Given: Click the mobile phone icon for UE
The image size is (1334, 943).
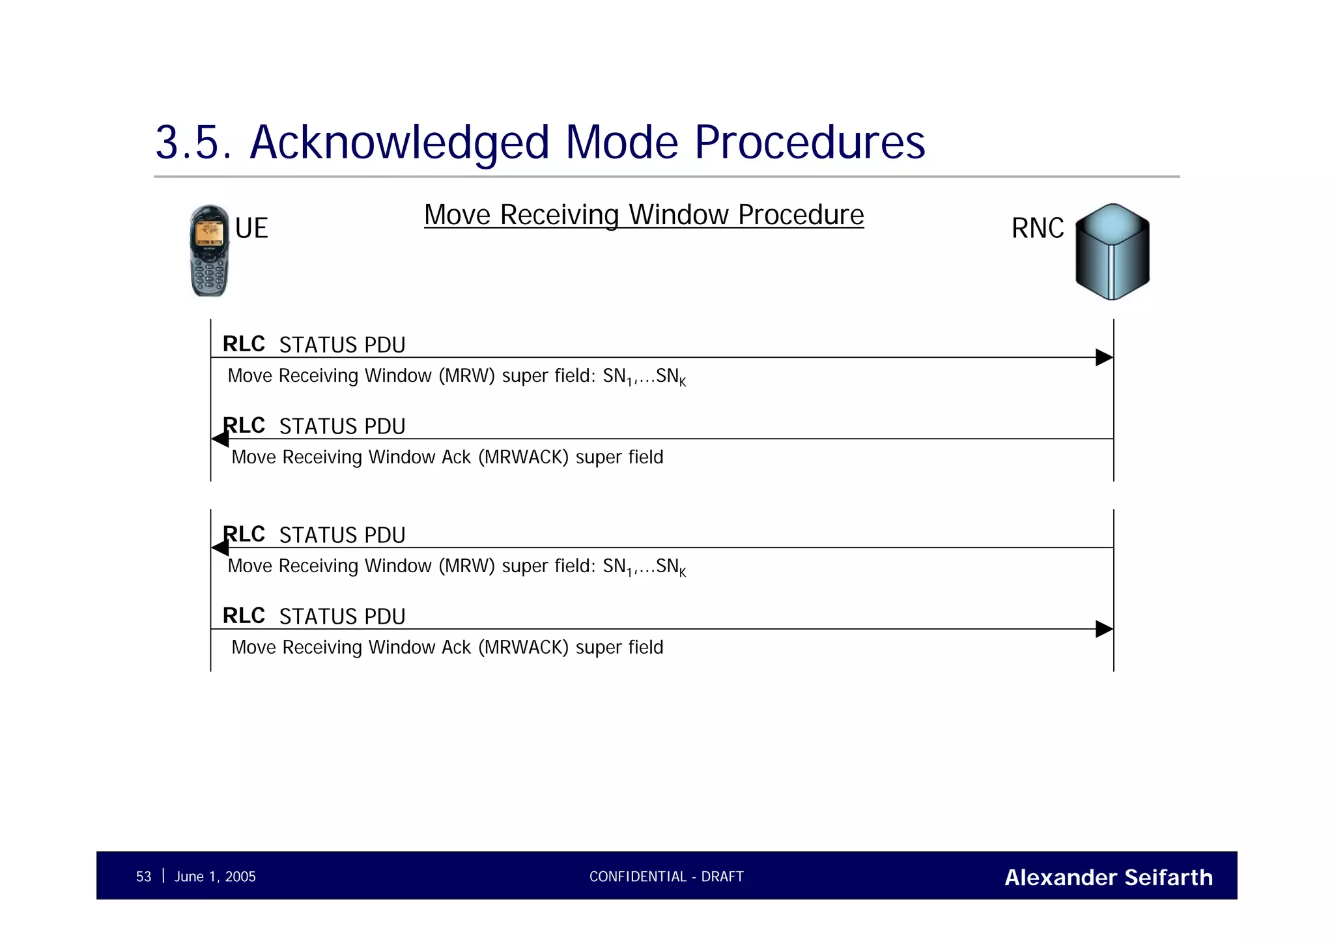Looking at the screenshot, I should click(x=209, y=252).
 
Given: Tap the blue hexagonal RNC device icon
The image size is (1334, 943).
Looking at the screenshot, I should click(x=1112, y=252).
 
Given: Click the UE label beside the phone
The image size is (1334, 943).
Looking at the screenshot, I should click(x=251, y=228).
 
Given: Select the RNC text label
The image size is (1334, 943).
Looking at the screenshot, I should click(x=1037, y=228).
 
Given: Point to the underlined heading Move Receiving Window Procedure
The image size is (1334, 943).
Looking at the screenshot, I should click(x=644, y=214).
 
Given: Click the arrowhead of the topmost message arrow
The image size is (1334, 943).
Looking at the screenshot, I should click(x=1103, y=357).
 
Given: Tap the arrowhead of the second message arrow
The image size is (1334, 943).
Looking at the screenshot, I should click(x=220, y=439).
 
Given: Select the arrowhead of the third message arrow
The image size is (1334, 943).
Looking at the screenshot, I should click(x=220, y=548).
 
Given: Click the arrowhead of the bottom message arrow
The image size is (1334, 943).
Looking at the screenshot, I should click(x=1103, y=629).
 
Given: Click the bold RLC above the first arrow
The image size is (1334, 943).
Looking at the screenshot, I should click(x=244, y=343).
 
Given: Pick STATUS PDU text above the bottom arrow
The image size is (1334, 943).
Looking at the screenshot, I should click(x=342, y=616).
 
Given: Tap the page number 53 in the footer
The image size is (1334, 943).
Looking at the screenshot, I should click(x=143, y=877).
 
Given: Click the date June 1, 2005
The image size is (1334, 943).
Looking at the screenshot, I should click(x=215, y=877).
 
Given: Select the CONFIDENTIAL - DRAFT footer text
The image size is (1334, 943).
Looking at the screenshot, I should click(x=666, y=877).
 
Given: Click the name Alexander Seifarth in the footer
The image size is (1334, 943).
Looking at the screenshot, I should click(x=1108, y=877).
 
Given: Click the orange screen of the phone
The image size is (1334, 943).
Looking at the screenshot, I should click(x=209, y=232).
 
